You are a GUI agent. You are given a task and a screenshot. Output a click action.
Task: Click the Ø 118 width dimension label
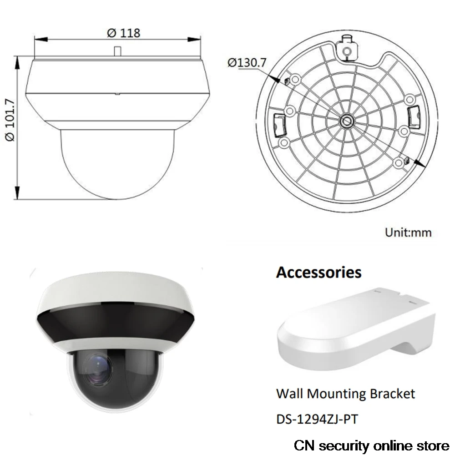123,33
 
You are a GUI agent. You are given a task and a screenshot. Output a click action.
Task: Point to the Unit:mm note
408,233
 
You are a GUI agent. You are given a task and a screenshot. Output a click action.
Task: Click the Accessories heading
318,272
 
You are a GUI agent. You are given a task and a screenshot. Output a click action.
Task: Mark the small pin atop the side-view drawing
117,51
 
